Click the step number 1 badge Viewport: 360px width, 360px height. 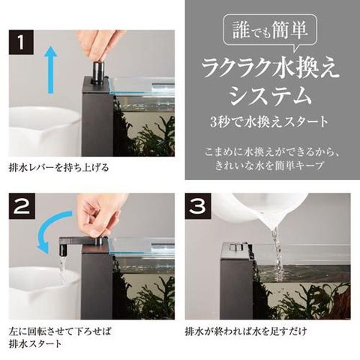pos(21,42)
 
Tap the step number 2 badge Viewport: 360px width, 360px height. pos(21,205)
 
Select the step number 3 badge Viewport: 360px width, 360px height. pos(197,205)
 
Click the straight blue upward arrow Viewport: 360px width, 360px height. pos(51,70)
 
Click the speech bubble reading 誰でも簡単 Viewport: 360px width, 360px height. pos(270,31)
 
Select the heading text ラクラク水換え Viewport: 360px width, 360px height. pos(270,69)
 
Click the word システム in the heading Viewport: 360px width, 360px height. pos(271,95)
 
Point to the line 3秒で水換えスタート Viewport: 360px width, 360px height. pos(269,122)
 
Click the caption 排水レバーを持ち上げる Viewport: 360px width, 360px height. pos(59,167)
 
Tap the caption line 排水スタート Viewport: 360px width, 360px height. pos(35,343)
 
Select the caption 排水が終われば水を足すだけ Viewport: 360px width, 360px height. pos(246,331)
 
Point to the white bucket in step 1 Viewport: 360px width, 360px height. pos(45,131)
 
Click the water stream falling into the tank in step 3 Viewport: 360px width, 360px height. pos(277,250)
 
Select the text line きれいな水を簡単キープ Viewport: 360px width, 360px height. pos(269,165)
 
